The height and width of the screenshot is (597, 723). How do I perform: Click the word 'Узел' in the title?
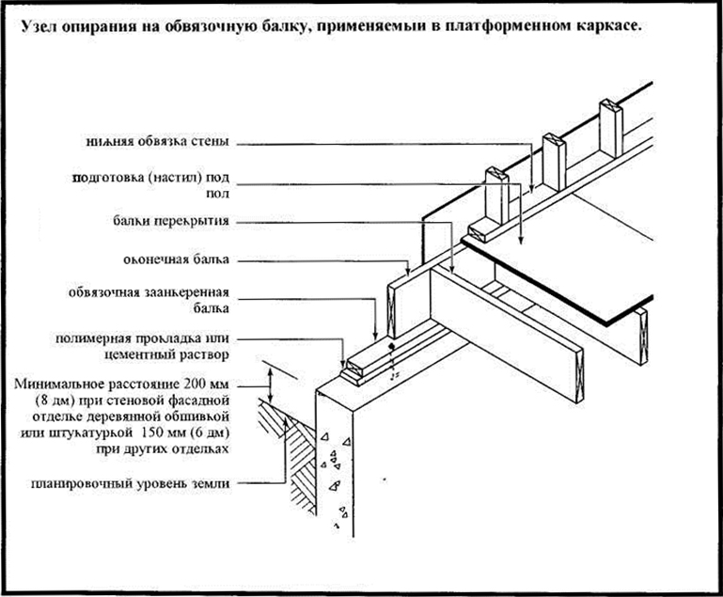[x=40, y=27]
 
